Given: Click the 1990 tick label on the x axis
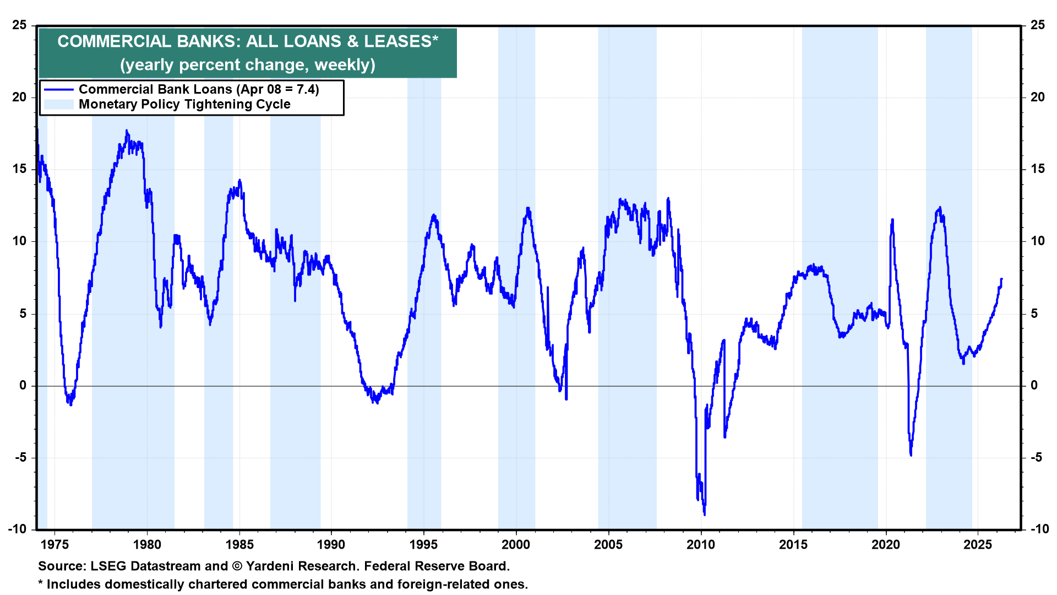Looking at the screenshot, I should (x=331, y=545).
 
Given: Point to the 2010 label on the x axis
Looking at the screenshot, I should (x=701, y=545).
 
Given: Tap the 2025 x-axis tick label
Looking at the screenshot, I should (x=978, y=545).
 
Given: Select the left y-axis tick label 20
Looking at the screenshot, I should (x=19, y=97).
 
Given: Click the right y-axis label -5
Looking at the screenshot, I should (x=1037, y=457).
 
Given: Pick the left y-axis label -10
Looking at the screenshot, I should (x=17, y=529).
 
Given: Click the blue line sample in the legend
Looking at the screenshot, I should (x=59, y=90).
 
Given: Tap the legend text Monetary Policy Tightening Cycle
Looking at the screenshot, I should (x=184, y=105).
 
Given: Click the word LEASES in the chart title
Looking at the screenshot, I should (x=397, y=41).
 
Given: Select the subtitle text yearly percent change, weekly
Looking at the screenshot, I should (x=248, y=65).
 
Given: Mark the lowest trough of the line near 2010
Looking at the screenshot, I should (x=705, y=515).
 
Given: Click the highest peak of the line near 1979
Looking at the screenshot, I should (x=127, y=131).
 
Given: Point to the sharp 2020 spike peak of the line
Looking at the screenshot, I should (x=892, y=219).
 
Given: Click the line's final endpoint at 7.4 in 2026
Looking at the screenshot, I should (x=1001, y=279).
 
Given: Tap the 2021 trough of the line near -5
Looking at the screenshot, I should (x=911, y=455).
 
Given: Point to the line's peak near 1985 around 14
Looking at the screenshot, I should (x=239, y=180).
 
